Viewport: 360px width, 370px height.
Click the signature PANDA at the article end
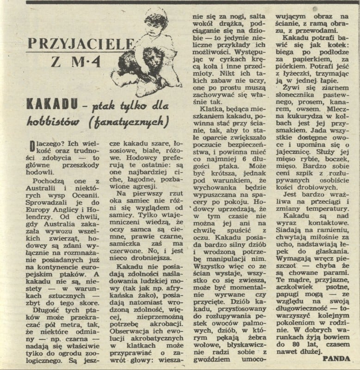[x=336, y=358]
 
